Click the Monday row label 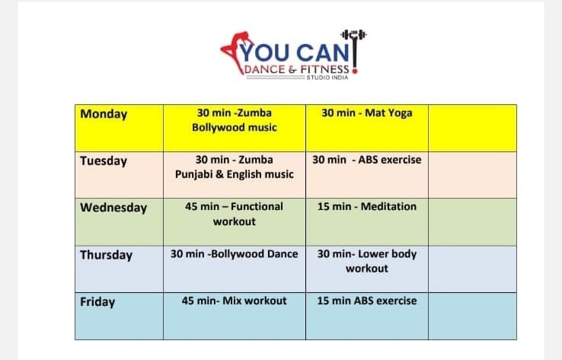tap(104, 114)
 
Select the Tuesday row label tap(104, 161)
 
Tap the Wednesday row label tap(113, 208)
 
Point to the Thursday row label tap(107, 255)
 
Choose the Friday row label tap(97, 301)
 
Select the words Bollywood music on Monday tap(235, 128)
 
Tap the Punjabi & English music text tap(235, 174)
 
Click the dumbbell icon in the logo tap(354, 35)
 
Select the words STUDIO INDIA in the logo tap(327, 78)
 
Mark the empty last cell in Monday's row tap(472, 128)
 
